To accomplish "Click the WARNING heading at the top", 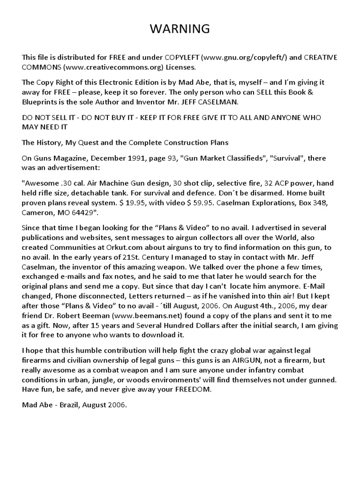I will click(x=180, y=29).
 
